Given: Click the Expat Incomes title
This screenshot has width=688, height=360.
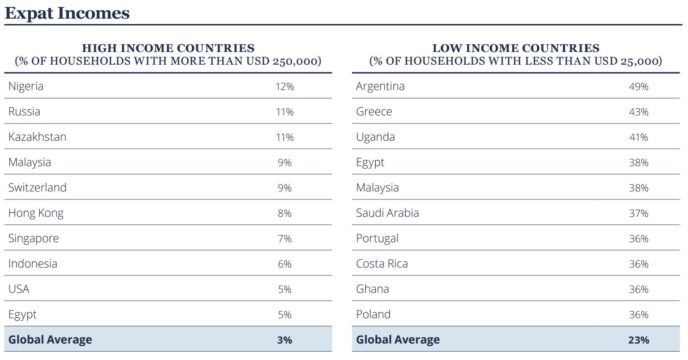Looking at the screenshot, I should pos(67,13).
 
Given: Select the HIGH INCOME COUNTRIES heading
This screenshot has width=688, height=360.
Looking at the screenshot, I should pos(168,48).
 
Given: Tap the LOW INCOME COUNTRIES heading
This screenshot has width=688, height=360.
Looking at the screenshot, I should pos(516,48).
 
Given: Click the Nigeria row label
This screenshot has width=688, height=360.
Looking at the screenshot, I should pos(26,86).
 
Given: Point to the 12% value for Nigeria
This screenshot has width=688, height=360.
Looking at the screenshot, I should pos(284,87).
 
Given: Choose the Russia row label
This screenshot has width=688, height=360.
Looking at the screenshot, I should pos(24,112).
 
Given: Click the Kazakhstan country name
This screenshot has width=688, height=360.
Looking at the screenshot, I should pos(37,137).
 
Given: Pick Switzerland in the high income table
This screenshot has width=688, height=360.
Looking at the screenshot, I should pos(37,188).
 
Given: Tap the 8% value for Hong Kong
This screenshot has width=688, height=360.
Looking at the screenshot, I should pos(284,213).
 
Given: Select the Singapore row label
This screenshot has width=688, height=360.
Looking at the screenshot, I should pos(33,238).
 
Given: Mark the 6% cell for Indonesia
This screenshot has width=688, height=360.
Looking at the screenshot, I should pos(284,264).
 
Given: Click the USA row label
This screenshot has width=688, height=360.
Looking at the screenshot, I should pos(19,289).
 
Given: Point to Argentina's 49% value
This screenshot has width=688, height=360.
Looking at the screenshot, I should pos(638,87).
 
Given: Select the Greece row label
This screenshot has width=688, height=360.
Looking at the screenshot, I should pos(374,112).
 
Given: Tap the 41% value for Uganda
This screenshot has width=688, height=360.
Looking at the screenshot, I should pos(638,137).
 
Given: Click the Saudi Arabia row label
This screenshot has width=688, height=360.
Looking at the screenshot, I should pos(387,213).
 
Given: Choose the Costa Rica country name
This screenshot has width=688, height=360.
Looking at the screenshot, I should pos(382,264).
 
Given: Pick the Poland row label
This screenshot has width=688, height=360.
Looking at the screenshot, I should pos(373,314).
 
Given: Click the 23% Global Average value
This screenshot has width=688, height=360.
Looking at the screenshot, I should pos(638,340).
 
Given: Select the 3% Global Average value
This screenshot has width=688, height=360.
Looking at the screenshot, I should pos(284,340).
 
